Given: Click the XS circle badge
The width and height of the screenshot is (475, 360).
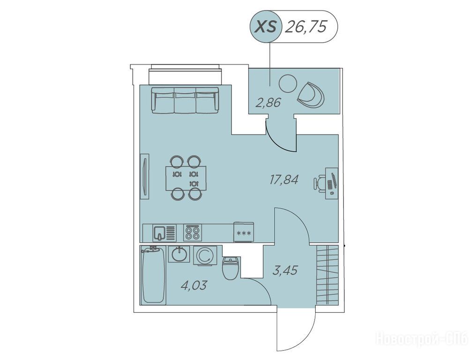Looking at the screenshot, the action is tap(266, 27).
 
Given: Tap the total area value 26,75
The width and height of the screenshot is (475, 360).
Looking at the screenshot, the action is tap(306, 27).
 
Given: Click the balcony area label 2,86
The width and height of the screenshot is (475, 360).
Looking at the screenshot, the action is tap(268, 103).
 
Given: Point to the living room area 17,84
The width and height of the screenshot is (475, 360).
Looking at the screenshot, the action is tap(284, 180).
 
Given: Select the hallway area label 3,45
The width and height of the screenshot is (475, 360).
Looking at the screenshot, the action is tap(285, 270).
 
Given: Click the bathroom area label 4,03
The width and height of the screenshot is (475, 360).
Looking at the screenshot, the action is tap(193, 285).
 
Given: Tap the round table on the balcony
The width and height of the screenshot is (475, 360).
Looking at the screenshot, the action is tap(288, 83).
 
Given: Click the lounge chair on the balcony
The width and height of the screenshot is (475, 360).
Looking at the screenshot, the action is tap(311, 95).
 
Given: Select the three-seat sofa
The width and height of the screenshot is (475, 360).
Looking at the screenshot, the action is tap(185, 100).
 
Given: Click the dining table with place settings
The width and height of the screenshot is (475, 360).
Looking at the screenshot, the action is tap(186, 178).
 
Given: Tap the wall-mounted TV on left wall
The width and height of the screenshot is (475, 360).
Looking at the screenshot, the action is tap(145, 176).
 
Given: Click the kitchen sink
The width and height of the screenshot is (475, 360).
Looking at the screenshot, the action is tap(164, 233).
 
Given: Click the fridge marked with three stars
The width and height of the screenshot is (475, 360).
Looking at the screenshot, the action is tap(244, 232).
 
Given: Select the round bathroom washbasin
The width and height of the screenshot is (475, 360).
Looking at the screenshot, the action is tap(179, 254).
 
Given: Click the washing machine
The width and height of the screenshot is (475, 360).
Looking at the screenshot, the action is tap(205, 255).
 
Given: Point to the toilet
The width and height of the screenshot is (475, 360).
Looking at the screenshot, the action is tap(231, 268).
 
